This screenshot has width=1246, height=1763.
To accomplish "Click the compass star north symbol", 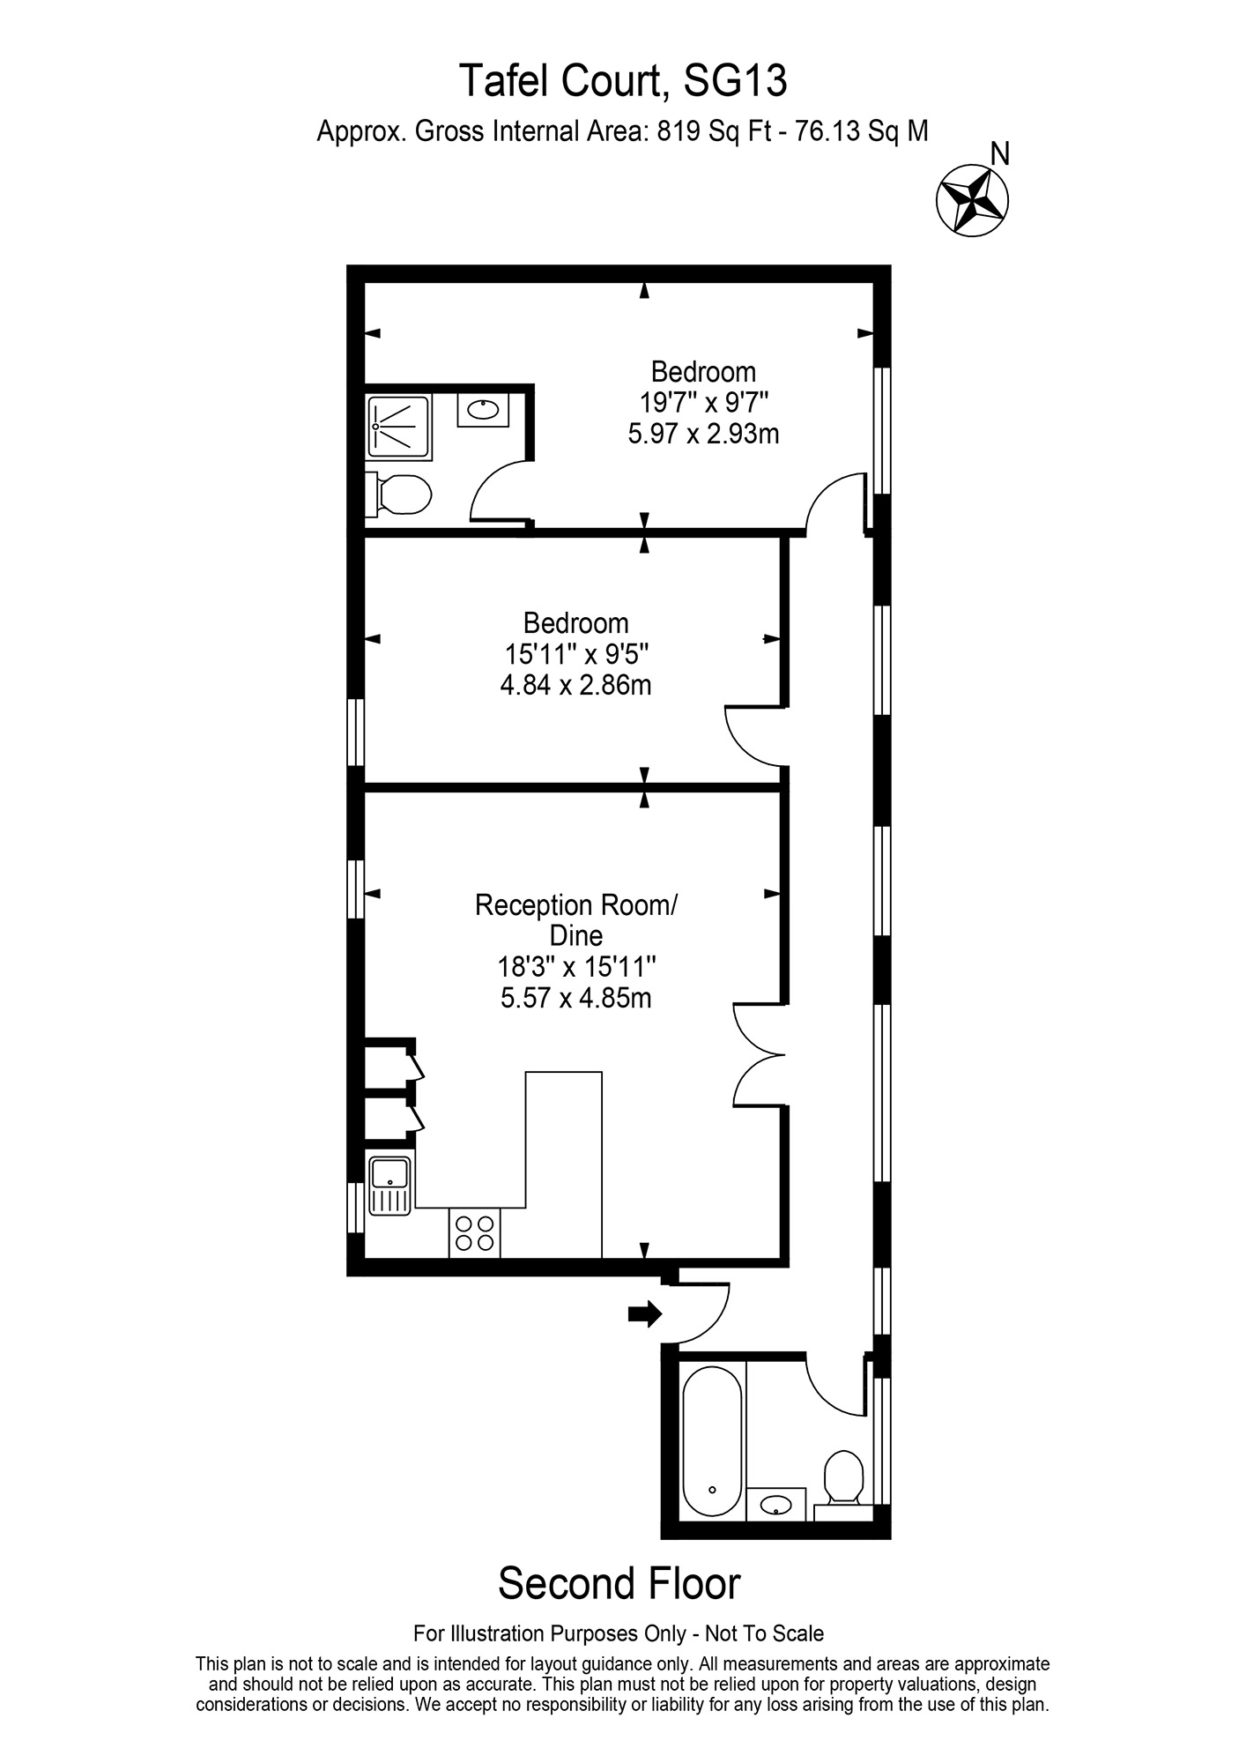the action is pyautogui.click(x=972, y=200).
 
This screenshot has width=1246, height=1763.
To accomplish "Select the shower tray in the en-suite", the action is pyautogui.click(x=399, y=428).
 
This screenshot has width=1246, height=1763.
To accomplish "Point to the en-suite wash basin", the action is pyautogui.click(x=482, y=411).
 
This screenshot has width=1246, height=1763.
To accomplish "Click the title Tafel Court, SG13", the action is pyautogui.click(x=623, y=82).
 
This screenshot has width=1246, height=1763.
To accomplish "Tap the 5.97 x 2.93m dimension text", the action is pyautogui.click(x=703, y=434).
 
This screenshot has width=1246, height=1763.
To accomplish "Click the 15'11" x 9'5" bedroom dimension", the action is pyautogui.click(x=576, y=654).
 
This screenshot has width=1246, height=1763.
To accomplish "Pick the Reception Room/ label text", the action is pyautogui.click(x=576, y=905).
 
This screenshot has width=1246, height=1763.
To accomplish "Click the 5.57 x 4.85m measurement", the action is pyautogui.click(x=576, y=998).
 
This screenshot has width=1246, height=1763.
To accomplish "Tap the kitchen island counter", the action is pyautogui.click(x=564, y=1164).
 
